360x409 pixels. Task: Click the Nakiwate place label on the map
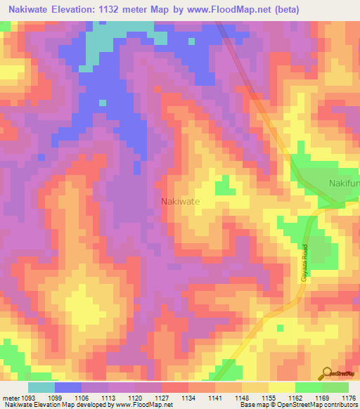181,201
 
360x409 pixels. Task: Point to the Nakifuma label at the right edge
344,184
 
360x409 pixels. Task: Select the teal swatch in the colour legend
41,388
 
